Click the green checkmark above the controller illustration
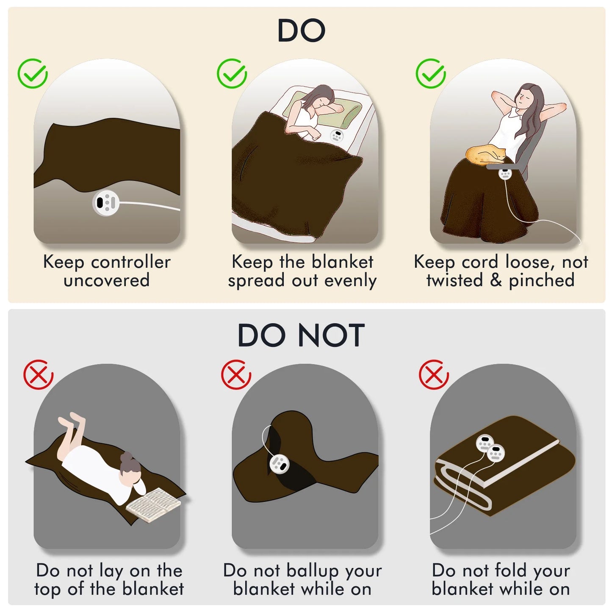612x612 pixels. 33,73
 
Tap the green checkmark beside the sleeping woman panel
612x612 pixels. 232,73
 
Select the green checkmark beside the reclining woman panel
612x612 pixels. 431,73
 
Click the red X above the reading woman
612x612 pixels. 39,374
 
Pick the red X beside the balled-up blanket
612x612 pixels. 236,374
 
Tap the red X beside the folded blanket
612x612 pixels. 434,374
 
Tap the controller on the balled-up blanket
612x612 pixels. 280,463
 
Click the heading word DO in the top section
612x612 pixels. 302,30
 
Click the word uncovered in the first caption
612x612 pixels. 107,280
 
